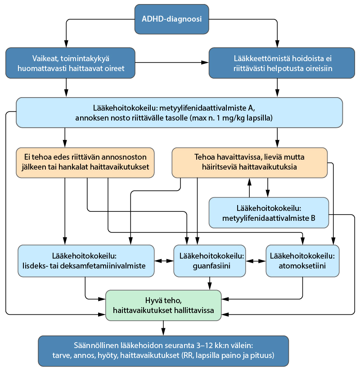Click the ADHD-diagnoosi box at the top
[172, 19]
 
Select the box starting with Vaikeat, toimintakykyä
[70, 63]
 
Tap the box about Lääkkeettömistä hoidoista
[282, 63]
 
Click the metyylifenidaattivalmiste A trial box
[179, 112]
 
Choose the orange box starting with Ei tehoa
[85, 163]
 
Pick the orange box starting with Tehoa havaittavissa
[250, 163]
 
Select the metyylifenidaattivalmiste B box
[269, 213]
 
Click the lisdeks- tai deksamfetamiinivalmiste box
[86, 261]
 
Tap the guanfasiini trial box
[210, 261]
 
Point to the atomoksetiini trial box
[302, 261]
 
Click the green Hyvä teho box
[163, 305]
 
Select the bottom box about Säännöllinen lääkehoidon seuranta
[163, 351]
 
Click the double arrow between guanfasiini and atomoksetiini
[256, 261]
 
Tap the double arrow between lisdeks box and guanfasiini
[164, 261]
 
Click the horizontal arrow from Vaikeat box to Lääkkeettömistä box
[172, 63]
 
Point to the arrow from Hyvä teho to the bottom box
[163, 328]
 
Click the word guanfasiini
[211, 266]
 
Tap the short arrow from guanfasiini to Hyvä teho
[210, 283]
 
